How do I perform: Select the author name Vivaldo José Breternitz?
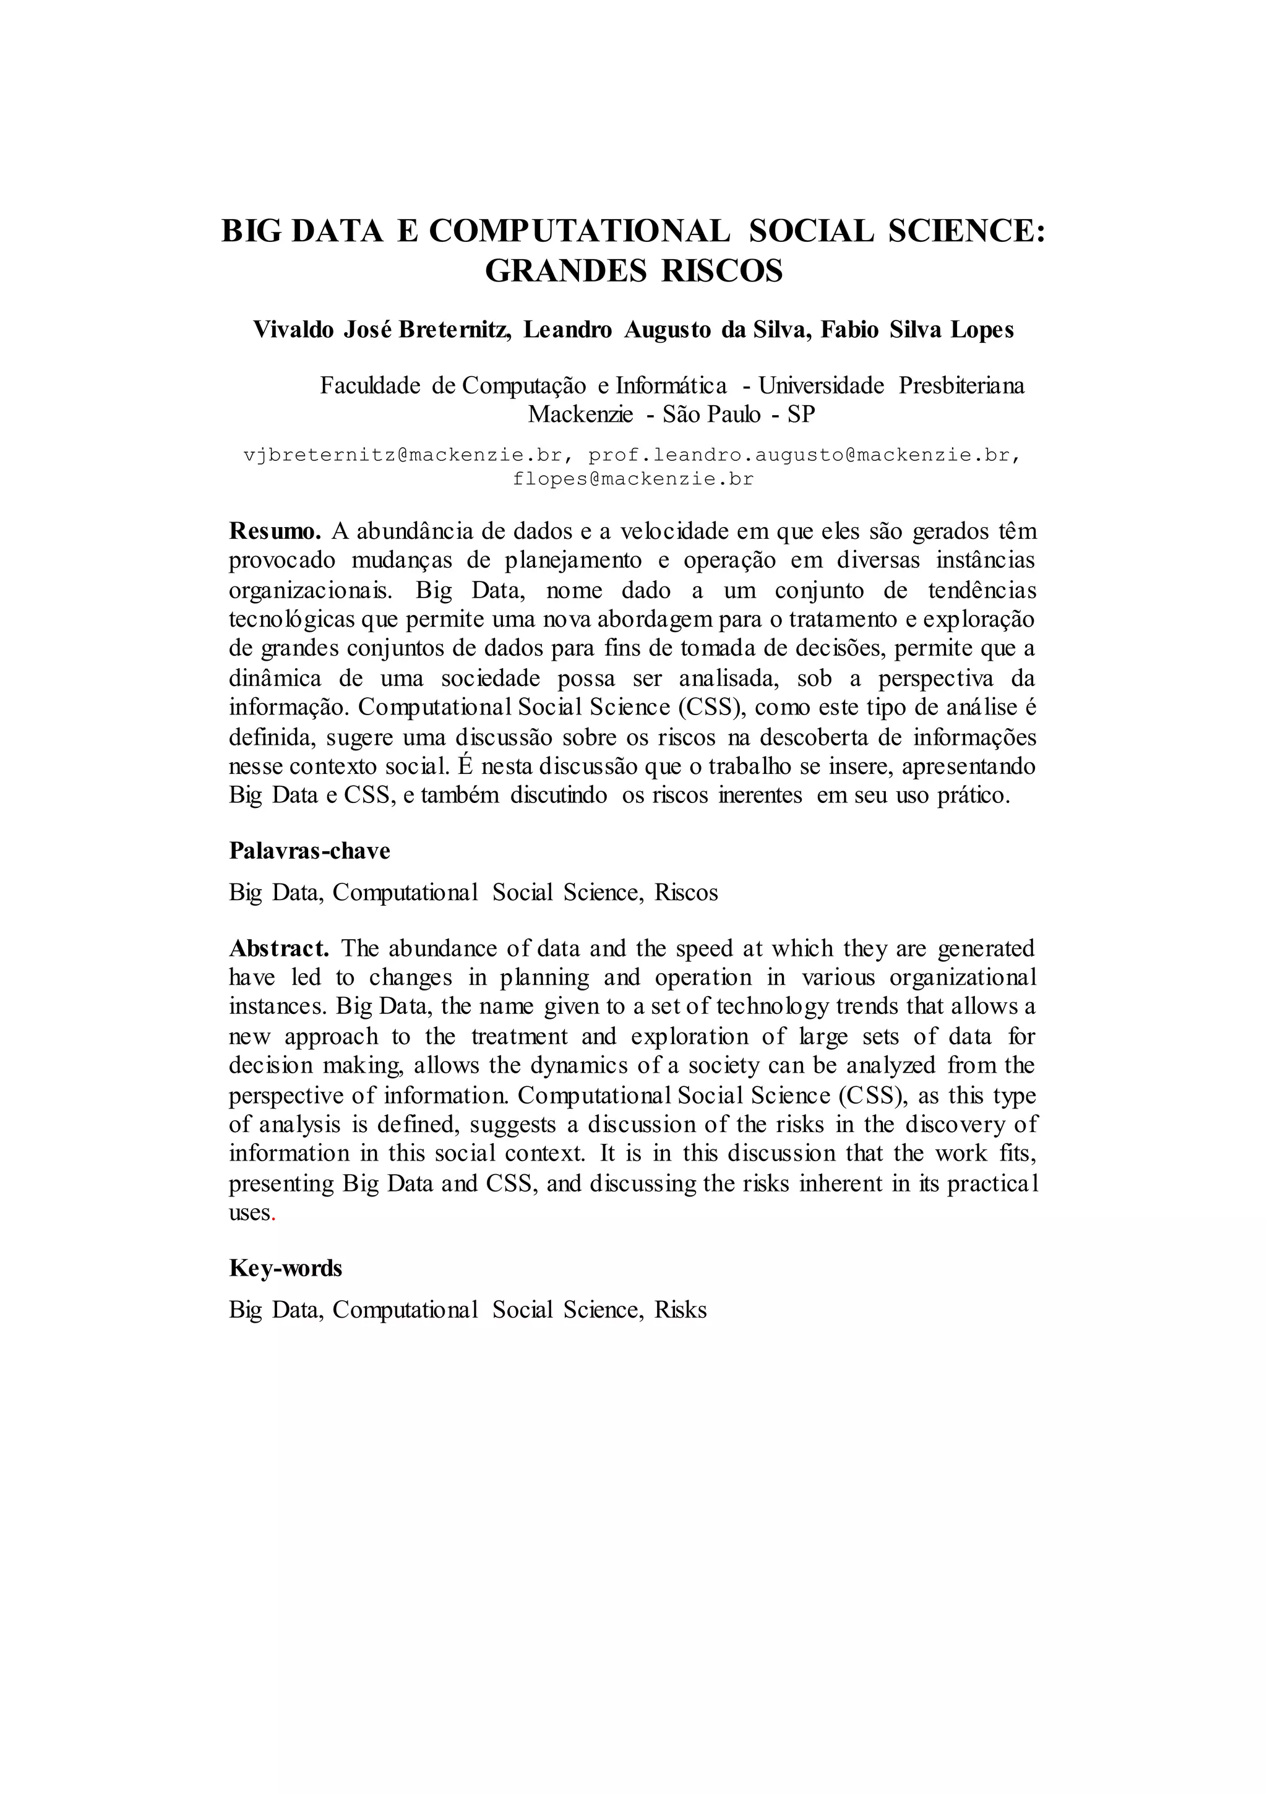[382, 330]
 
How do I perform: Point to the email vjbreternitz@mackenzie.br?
[403, 455]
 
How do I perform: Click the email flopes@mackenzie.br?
[633, 479]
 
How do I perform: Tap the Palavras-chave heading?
[309, 850]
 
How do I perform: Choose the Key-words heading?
[285, 1268]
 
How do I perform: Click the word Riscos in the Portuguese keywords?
[685, 892]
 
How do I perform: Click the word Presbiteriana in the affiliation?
[961, 386]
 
